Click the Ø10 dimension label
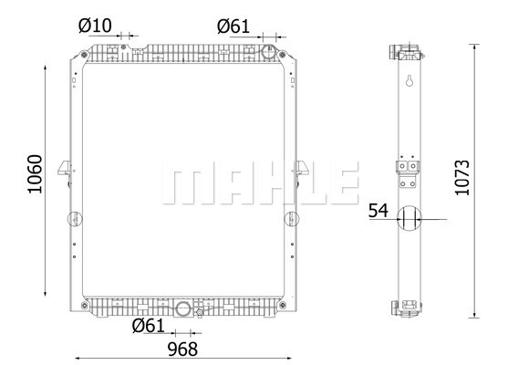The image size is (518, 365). click(95, 26)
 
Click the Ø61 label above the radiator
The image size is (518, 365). click(233, 26)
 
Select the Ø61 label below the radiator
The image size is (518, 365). click(148, 326)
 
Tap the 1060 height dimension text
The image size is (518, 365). click(35, 174)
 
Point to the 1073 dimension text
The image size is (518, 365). click(462, 178)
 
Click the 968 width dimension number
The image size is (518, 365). click(182, 349)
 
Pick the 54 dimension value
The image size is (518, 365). click(378, 211)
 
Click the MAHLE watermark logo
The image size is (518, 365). click(261, 182)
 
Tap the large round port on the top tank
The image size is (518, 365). click(269, 52)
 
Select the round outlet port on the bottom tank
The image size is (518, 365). click(182, 309)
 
